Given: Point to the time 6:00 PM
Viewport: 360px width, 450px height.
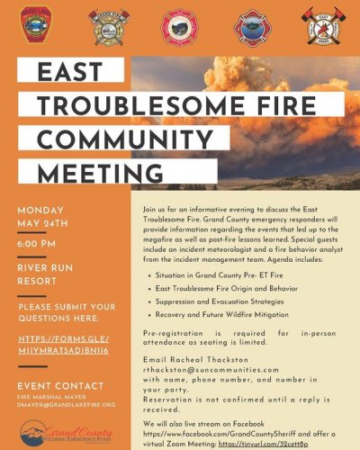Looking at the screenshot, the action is pos(37,243).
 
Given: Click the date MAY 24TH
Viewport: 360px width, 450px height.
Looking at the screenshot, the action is pos(39,224).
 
